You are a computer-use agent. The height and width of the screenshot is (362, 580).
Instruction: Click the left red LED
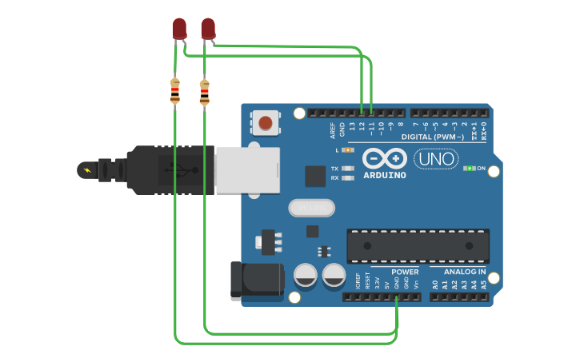179,30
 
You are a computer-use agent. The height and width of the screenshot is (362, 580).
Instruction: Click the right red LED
208,30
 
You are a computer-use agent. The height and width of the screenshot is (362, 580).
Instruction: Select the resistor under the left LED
174,90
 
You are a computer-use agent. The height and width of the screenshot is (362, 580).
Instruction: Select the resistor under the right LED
204,92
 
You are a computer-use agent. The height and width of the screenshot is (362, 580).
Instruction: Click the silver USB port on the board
246,169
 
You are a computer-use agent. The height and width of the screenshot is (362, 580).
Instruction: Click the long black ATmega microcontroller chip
418,245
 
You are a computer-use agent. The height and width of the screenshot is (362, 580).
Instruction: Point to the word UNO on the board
437,159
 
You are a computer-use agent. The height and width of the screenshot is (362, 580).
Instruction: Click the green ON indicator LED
469,169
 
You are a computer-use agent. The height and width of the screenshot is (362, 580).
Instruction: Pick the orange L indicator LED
347,150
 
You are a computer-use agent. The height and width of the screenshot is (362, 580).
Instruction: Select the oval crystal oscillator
311,208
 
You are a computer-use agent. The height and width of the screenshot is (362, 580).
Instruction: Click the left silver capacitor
306,276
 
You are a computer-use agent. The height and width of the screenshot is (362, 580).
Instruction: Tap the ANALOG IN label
460,272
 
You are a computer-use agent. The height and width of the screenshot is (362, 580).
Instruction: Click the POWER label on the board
405,272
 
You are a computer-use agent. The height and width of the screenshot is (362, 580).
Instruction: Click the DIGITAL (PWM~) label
433,137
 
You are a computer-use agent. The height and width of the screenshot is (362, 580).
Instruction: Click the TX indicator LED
347,169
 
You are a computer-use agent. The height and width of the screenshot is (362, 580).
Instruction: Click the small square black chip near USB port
315,176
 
